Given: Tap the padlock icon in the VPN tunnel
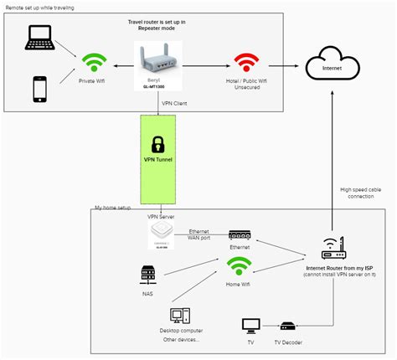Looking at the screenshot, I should point(157,143).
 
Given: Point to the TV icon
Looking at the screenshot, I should point(250,325).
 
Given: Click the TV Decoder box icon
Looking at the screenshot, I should point(287,326).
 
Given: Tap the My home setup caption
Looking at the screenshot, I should point(113,206).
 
